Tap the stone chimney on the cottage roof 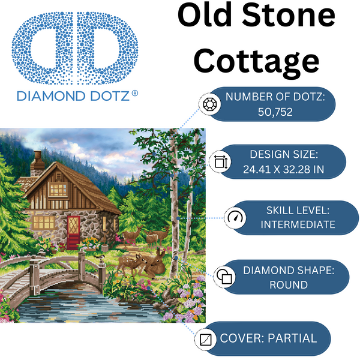(37, 161)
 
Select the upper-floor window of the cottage (58, 190)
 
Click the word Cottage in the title (257, 61)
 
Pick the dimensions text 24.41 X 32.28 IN (284, 169)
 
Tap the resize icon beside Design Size (219, 161)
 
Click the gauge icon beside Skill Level (233, 217)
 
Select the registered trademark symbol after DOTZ (134, 94)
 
